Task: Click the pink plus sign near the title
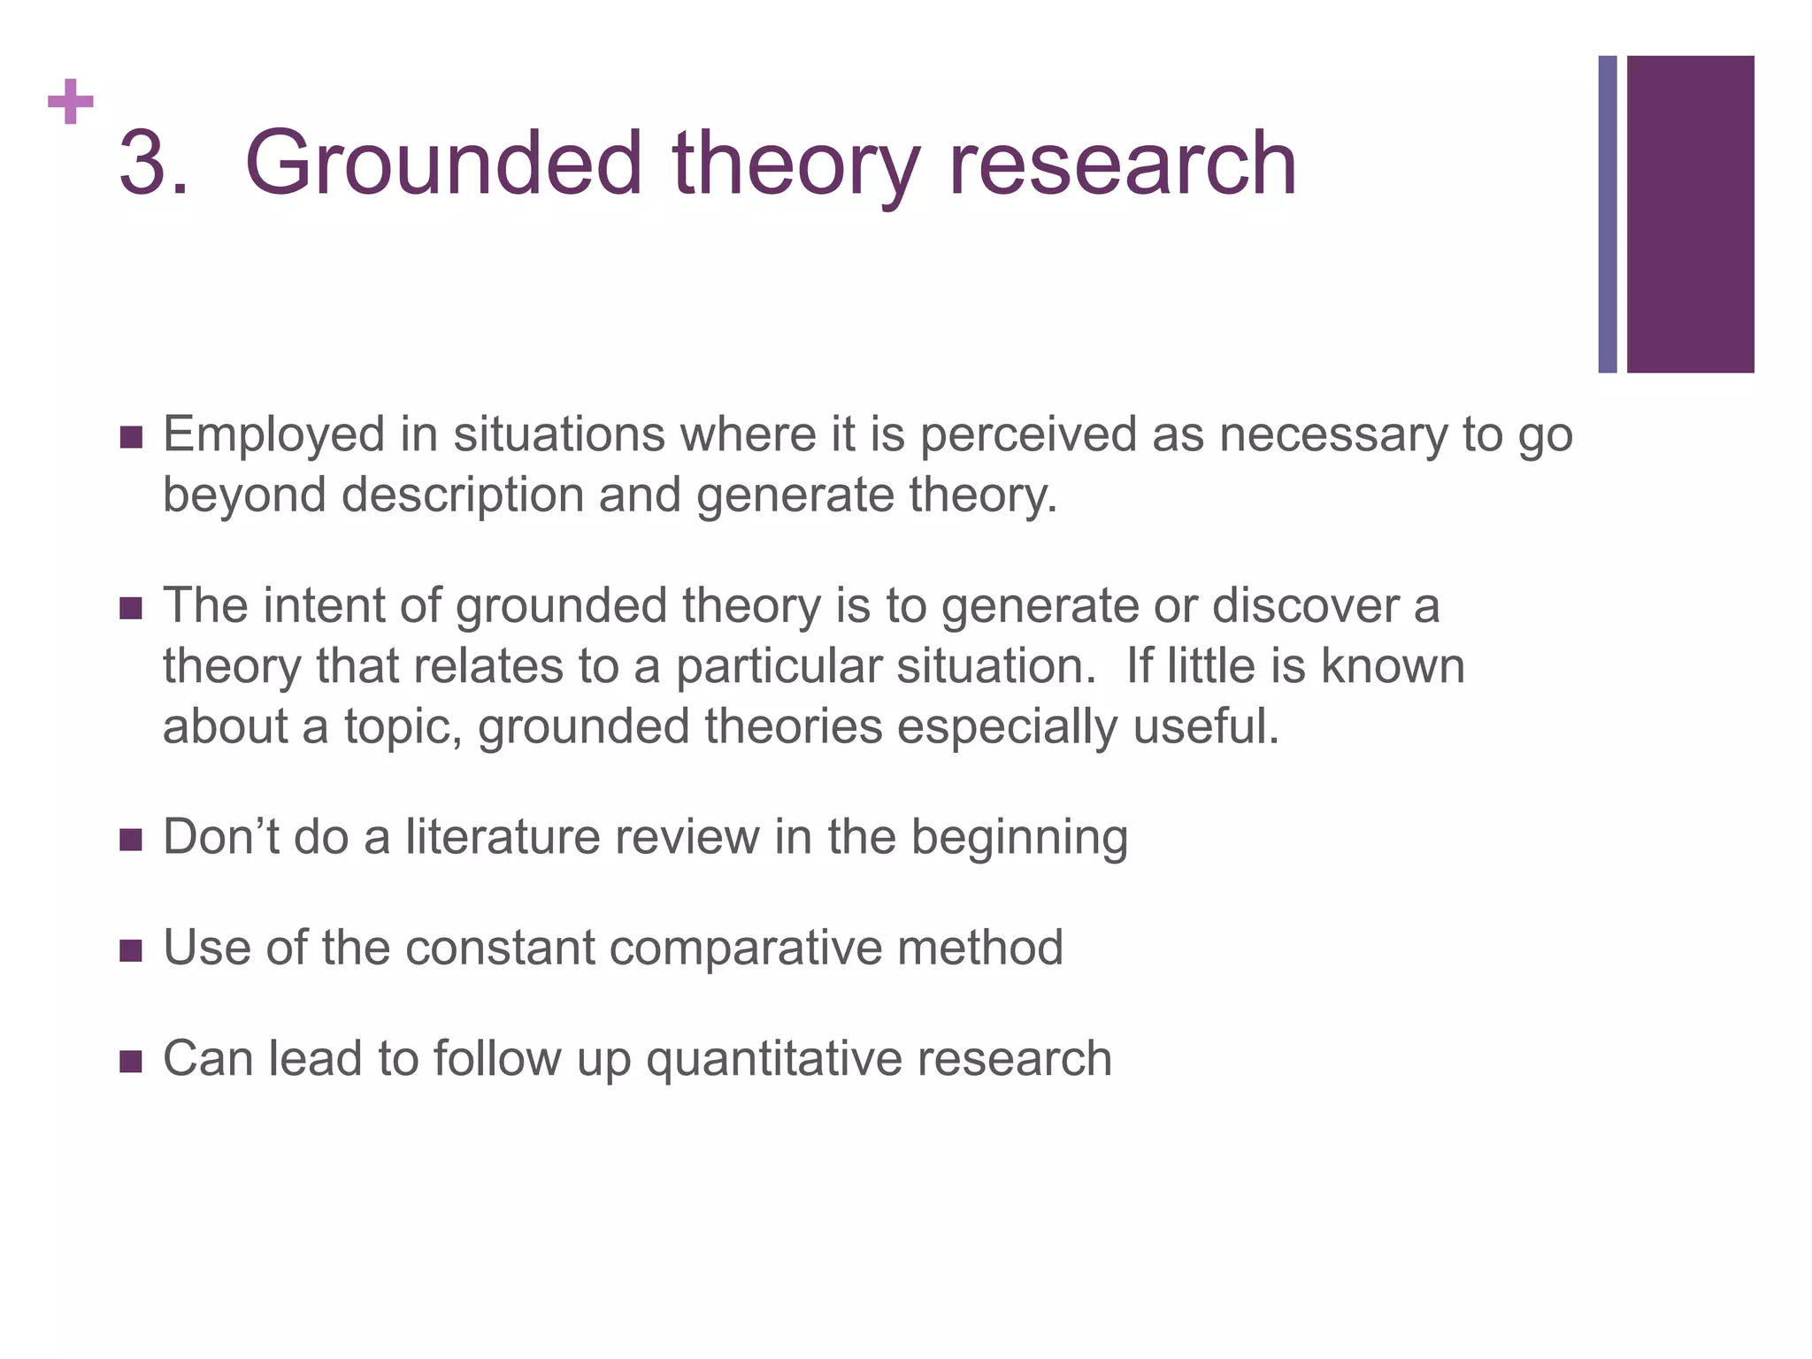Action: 71,103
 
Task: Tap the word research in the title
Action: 1122,163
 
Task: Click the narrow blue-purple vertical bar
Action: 1608,214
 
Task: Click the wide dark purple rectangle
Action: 1690,214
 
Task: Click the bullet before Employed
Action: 131,437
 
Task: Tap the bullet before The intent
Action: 131,609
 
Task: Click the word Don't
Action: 220,837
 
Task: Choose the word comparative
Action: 745,948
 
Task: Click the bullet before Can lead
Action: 131,1061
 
